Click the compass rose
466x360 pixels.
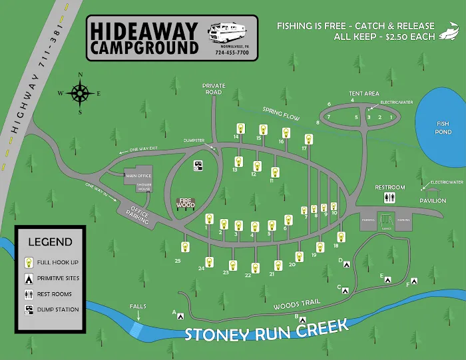(80, 93)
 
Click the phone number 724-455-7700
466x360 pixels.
(232, 52)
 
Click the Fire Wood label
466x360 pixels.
(186, 202)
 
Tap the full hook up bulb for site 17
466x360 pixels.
(308, 140)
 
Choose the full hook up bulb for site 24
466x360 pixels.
(210, 262)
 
